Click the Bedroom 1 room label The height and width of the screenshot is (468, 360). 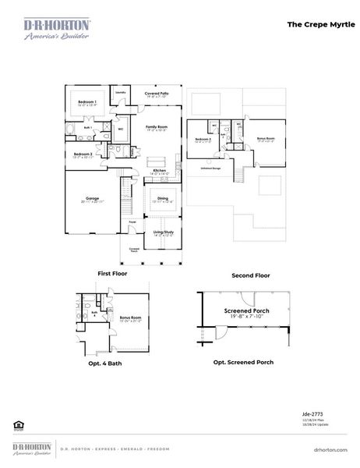point(86,102)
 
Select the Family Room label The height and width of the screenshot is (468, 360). point(157,126)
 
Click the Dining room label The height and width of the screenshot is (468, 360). point(162,198)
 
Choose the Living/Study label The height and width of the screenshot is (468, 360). point(162,232)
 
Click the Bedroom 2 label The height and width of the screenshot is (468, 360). point(83,154)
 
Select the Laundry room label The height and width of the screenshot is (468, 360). point(121,92)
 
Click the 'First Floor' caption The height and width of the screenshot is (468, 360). point(113,274)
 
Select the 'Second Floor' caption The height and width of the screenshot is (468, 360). point(251,276)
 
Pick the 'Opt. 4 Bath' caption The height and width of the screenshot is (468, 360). point(104,363)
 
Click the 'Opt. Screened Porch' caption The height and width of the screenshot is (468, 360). point(244,363)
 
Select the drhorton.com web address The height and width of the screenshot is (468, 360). point(329,449)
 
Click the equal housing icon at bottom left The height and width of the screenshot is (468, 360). point(17,425)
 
